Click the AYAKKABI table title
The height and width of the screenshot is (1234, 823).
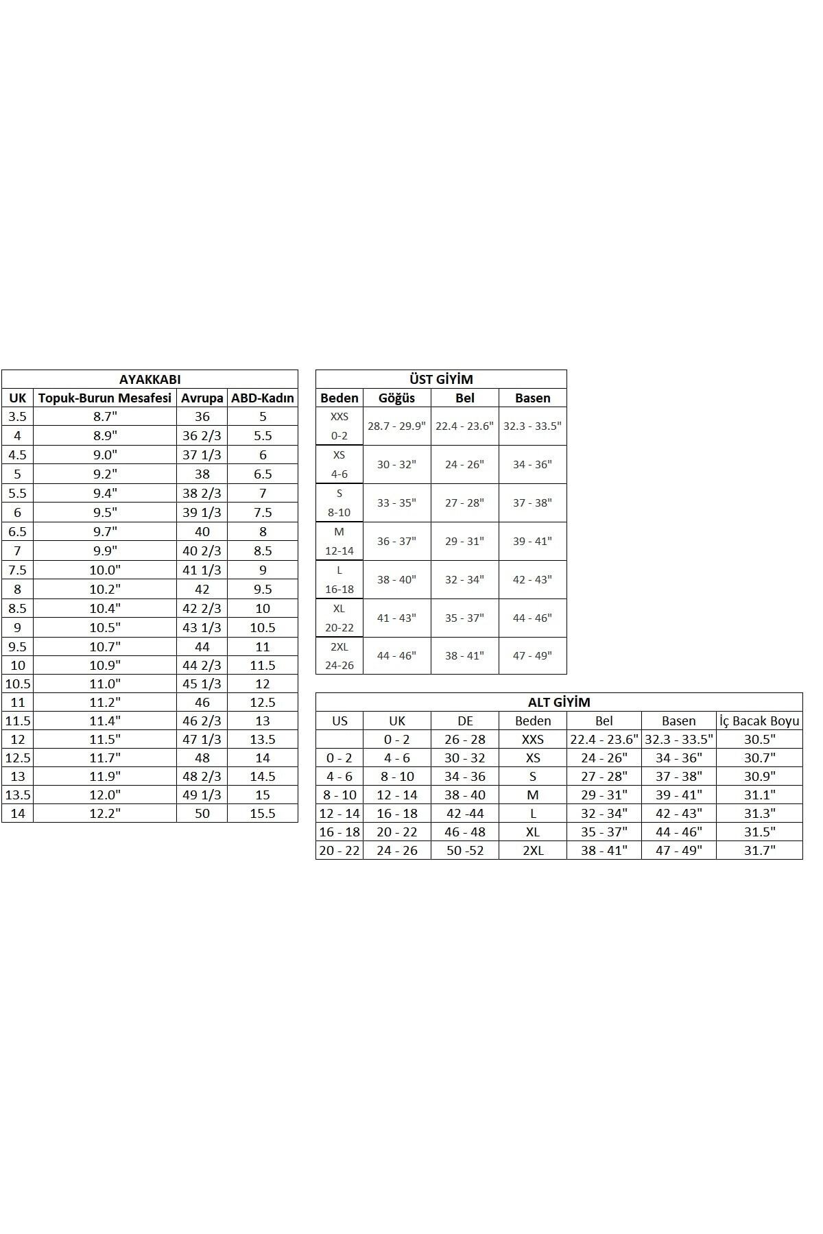click(150, 379)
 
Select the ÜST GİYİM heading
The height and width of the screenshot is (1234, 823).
click(441, 379)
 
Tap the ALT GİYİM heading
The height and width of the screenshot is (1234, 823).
click(559, 702)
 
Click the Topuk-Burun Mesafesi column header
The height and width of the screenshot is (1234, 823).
click(105, 398)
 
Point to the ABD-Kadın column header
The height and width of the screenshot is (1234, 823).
click(263, 398)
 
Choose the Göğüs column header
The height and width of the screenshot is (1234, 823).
click(396, 398)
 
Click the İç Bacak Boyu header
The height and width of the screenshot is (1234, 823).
click(759, 721)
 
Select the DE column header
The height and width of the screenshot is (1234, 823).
click(465, 721)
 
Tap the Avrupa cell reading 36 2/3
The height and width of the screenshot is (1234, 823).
click(202, 435)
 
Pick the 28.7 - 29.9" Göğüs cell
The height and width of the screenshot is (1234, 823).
click(396, 426)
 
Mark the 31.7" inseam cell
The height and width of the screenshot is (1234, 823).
click(759, 850)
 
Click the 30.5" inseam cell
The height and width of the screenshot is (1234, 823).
click(759, 739)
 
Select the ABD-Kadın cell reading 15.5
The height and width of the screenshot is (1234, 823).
click(263, 813)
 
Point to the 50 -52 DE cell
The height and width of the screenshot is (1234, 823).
click(465, 850)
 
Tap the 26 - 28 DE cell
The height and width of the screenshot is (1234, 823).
click(465, 739)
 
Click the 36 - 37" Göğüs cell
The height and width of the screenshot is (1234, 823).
click(396, 541)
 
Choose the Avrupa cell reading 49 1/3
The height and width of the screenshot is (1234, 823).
click(202, 795)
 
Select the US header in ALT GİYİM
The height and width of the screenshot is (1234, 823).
click(339, 721)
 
